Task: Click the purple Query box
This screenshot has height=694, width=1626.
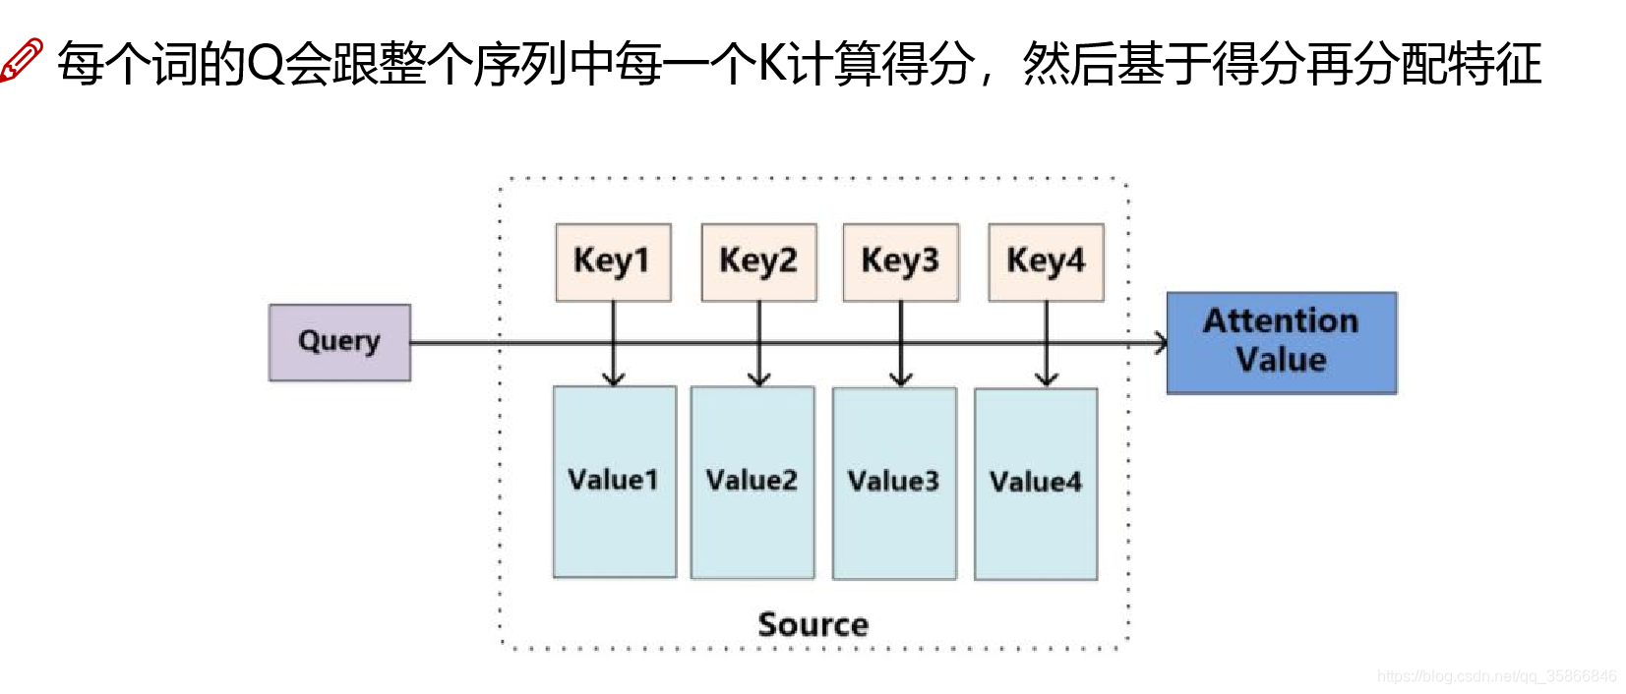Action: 339,342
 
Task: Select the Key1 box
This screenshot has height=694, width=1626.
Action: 613,261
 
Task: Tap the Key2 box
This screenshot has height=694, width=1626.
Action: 758,261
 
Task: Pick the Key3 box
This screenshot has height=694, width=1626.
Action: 900,261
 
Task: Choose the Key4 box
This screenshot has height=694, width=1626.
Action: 1046,261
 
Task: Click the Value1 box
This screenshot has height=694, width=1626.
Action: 614,481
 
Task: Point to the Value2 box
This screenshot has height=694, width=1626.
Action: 753,482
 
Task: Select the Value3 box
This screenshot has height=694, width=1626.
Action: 894,483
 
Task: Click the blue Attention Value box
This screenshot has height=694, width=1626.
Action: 1281,342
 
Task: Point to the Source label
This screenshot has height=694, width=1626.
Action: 813,624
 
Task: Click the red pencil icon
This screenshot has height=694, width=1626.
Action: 22,61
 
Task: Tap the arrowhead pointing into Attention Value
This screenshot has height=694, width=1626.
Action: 1161,343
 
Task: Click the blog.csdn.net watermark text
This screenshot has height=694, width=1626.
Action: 1496,676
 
